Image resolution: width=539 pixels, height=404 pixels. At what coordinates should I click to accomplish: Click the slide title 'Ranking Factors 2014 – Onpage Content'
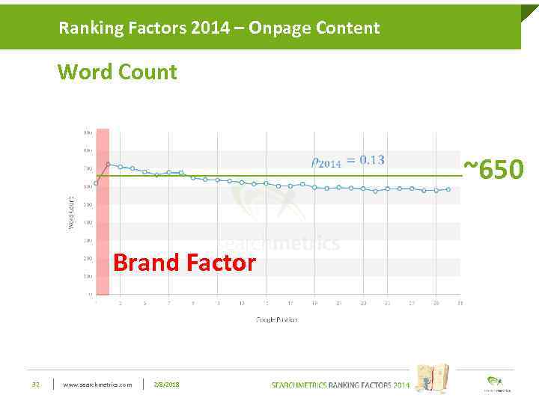point(219,28)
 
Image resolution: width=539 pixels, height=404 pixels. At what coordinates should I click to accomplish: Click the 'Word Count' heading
point(118,73)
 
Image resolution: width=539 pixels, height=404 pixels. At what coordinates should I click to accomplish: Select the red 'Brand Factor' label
point(184,263)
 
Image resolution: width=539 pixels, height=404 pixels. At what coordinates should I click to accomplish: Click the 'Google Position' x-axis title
point(276,319)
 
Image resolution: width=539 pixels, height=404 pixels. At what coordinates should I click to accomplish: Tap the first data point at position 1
point(96,183)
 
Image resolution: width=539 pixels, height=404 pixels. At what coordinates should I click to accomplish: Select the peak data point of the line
point(109,165)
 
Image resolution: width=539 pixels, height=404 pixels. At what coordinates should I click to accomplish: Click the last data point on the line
point(448,189)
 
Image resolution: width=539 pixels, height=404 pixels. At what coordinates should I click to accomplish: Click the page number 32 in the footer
point(35,385)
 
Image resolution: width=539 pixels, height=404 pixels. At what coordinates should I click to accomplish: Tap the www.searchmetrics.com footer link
point(97,385)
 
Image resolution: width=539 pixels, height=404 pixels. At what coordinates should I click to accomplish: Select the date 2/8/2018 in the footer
point(166,385)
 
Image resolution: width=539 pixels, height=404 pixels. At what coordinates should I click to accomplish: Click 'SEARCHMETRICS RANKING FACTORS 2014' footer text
point(341,385)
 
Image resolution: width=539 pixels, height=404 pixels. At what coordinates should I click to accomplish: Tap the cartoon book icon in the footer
point(432,377)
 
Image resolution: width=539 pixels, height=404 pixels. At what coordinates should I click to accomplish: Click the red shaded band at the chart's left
point(103,224)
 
